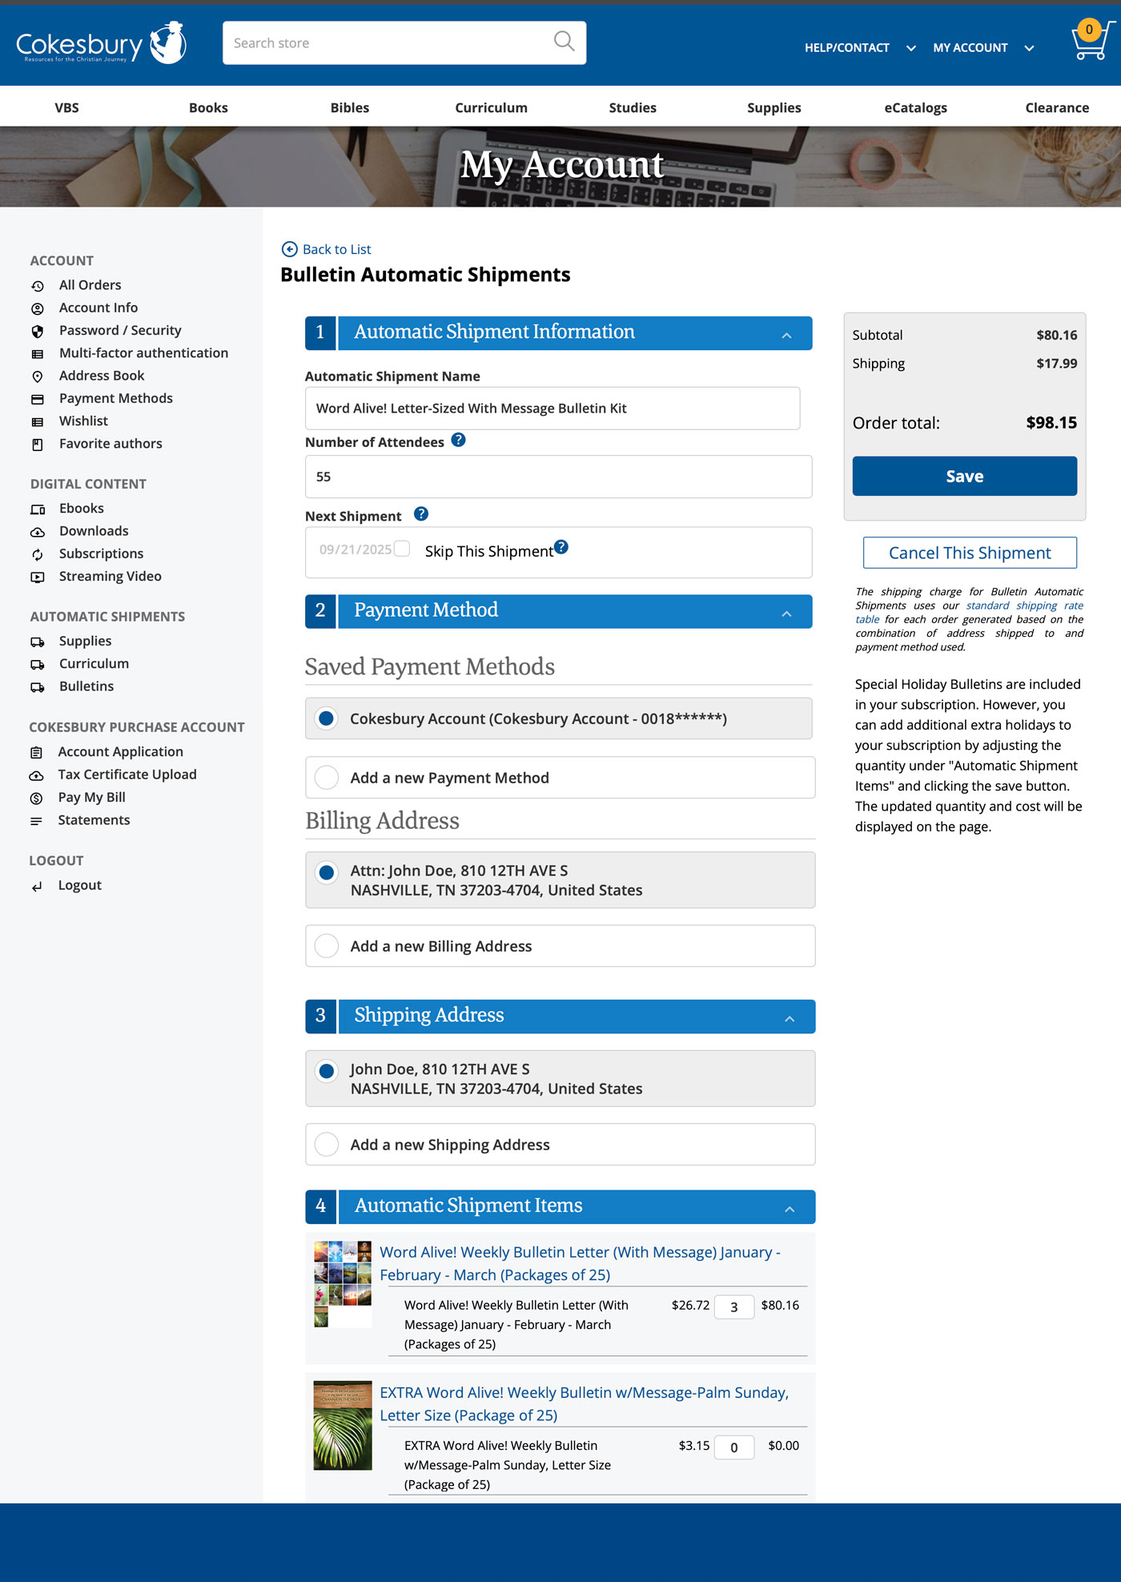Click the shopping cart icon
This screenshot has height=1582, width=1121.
click(x=1091, y=42)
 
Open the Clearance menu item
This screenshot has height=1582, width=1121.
click(x=1056, y=107)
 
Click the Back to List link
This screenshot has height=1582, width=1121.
click(x=336, y=249)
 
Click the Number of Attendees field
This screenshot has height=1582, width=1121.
click(x=558, y=477)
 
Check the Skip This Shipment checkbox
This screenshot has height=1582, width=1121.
click(x=402, y=549)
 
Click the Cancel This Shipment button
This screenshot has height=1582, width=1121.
click(x=969, y=553)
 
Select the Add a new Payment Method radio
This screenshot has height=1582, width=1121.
click(x=327, y=778)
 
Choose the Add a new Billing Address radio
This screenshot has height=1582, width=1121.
click(x=327, y=946)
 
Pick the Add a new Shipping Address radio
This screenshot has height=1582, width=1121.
click(x=327, y=1145)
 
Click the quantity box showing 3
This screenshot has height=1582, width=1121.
click(x=733, y=1306)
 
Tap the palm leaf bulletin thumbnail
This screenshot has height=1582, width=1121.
click(x=343, y=1425)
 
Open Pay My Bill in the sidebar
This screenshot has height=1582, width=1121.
click(x=91, y=797)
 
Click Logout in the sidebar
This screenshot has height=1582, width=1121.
click(x=79, y=885)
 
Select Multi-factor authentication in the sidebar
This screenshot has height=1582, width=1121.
click(x=143, y=352)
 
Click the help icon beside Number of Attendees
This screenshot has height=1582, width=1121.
click(x=458, y=440)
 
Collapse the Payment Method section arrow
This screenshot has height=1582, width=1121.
click(x=786, y=614)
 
